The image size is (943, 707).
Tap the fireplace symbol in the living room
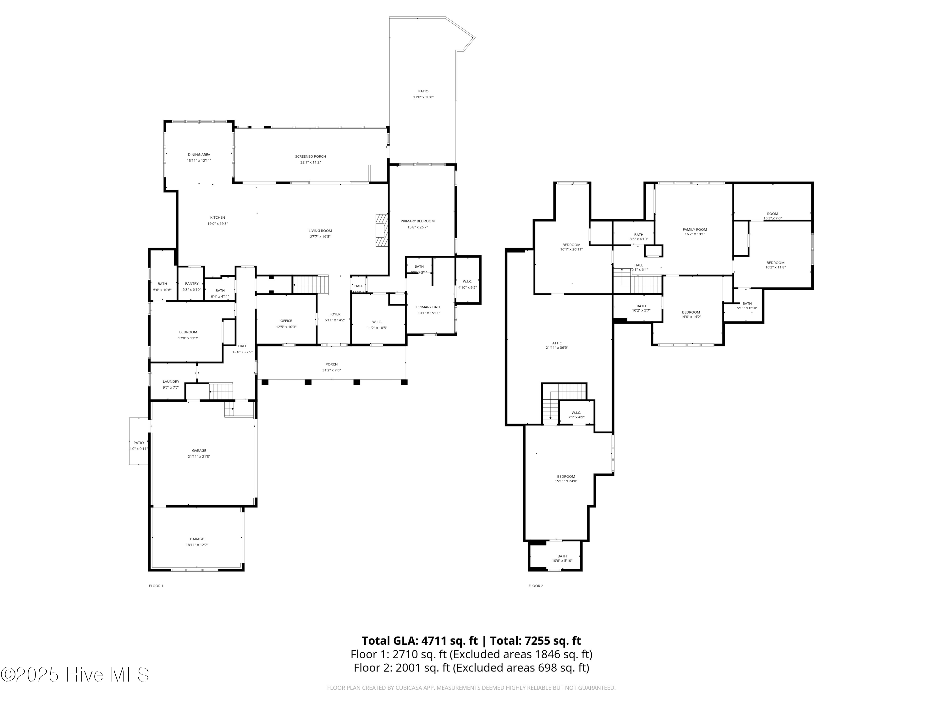(382, 230)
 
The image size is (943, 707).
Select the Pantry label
(192, 283)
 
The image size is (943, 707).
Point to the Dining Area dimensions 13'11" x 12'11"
(199, 161)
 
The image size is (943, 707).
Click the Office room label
(286, 321)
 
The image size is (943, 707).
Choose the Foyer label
(335, 314)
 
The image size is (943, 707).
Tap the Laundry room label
(171, 381)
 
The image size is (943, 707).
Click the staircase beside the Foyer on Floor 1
(310, 284)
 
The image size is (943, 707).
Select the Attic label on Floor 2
(557, 343)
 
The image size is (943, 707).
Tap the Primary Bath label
(428, 307)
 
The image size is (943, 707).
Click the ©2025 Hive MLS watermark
(74, 674)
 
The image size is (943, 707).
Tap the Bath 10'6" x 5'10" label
(562, 556)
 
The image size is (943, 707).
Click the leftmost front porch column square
(265, 382)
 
